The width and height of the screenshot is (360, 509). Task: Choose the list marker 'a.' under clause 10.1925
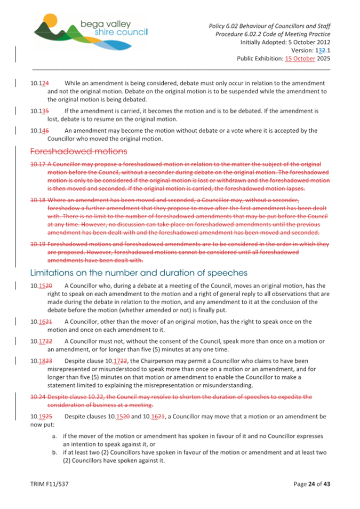55,436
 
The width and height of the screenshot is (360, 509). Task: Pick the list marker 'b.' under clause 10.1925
55,452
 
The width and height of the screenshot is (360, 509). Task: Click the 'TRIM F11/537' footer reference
49,484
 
